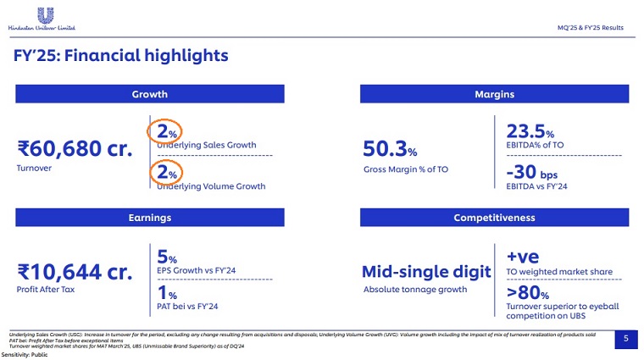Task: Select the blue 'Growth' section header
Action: [149, 95]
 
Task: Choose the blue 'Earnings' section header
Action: [149, 218]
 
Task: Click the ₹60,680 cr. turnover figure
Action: [75, 150]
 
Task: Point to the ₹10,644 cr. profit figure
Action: [75, 272]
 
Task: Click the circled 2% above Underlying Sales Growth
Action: [165, 132]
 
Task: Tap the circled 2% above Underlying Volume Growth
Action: [165, 173]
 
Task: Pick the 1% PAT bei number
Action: [166, 295]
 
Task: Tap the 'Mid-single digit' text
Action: [426, 272]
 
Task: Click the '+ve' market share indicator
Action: [524, 257]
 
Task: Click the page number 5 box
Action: [625, 339]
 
